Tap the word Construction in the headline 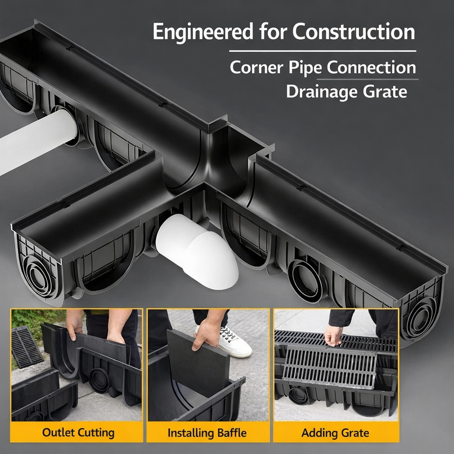tap(354, 32)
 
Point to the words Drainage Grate tap(346, 91)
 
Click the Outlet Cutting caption tap(78, 432)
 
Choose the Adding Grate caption tap(335, 432)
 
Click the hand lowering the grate tap(333, 335)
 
